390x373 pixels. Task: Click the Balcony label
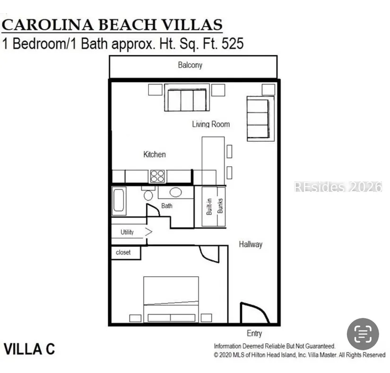(190, 65)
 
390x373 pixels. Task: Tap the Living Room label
(211, 124)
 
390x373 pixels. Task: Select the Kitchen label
(155, 154)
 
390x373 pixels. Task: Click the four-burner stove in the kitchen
(157, 176)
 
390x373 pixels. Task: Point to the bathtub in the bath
(119, 201)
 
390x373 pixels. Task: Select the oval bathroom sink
(175, 192)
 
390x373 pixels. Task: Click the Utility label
(127, 232)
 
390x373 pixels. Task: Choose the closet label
(123, 253)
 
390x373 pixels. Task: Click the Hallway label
(251, 244)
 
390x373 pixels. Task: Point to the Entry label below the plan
(254, 333)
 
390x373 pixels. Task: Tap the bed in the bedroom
(171, 299)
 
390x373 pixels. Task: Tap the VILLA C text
(29, 349)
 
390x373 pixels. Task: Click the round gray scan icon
(363, 334)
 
